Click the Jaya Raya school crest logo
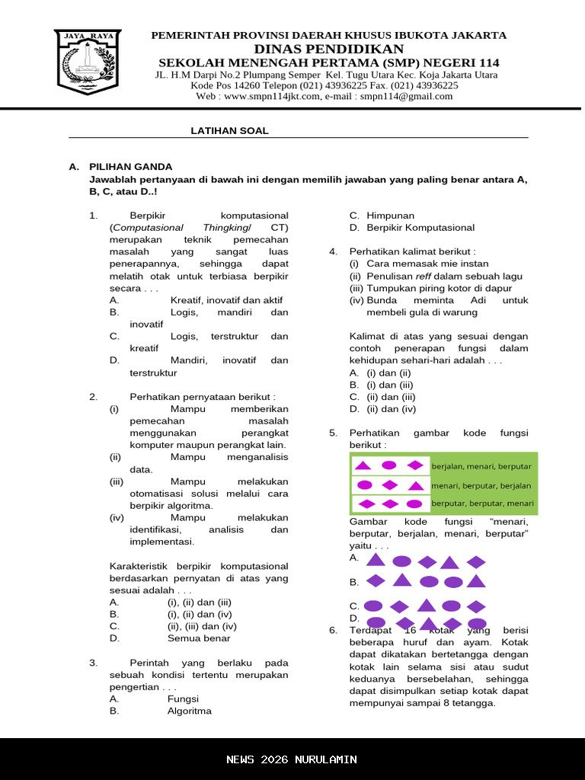[88, 62]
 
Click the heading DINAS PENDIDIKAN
[328, 49]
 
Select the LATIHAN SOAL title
[229, 131]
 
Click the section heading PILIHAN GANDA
[131, 167]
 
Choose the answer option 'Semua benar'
[199, 638]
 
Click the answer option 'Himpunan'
[390, 216]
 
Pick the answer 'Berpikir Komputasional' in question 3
[420, 228]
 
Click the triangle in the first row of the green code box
[363, 465]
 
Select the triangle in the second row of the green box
[416, 486]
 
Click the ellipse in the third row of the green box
[414, 503]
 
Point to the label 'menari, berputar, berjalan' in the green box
[481, 485]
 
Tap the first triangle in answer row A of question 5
[376, 561]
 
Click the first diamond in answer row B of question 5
[376, 580]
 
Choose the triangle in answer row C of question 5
[426, 606]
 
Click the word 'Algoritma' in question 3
[190, 711]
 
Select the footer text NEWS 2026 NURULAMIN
[292, 759]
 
